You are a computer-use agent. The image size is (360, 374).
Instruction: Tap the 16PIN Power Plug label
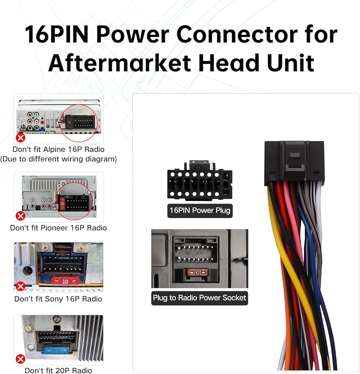200,211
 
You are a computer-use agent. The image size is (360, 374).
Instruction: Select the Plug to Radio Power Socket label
200,298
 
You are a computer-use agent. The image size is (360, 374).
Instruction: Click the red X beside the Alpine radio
21,138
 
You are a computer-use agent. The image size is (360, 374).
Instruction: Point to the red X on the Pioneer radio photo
21,216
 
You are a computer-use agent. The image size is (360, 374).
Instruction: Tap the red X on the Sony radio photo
21,286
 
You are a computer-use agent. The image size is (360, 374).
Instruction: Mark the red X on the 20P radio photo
21,359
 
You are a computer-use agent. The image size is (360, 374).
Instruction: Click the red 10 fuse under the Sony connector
65,281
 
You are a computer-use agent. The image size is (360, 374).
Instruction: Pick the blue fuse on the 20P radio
57,350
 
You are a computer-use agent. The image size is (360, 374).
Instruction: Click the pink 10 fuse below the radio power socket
197,272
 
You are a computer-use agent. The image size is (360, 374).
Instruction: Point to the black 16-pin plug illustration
200,180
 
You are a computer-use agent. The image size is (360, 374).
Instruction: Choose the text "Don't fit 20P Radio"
58,370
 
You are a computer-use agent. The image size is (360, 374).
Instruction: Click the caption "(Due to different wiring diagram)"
58,159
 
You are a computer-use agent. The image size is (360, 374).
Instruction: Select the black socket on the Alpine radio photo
80,123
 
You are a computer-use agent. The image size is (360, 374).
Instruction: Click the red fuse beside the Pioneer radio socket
62,204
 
